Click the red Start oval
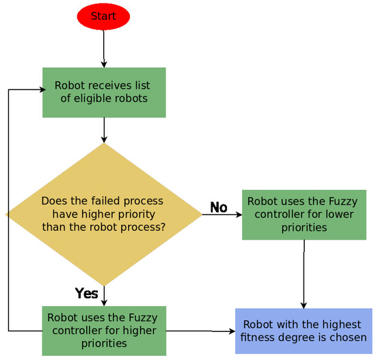point(103,16)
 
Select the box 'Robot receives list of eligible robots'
point(104,92)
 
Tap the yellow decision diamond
point(104,214)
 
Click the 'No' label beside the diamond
point(219,208)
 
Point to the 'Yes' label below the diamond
point(87,294)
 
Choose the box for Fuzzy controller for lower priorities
point(303,214)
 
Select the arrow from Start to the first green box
point(104,49)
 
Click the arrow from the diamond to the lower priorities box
point(222,214)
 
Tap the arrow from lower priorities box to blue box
point(304,273)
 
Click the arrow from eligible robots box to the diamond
point(104,130)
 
